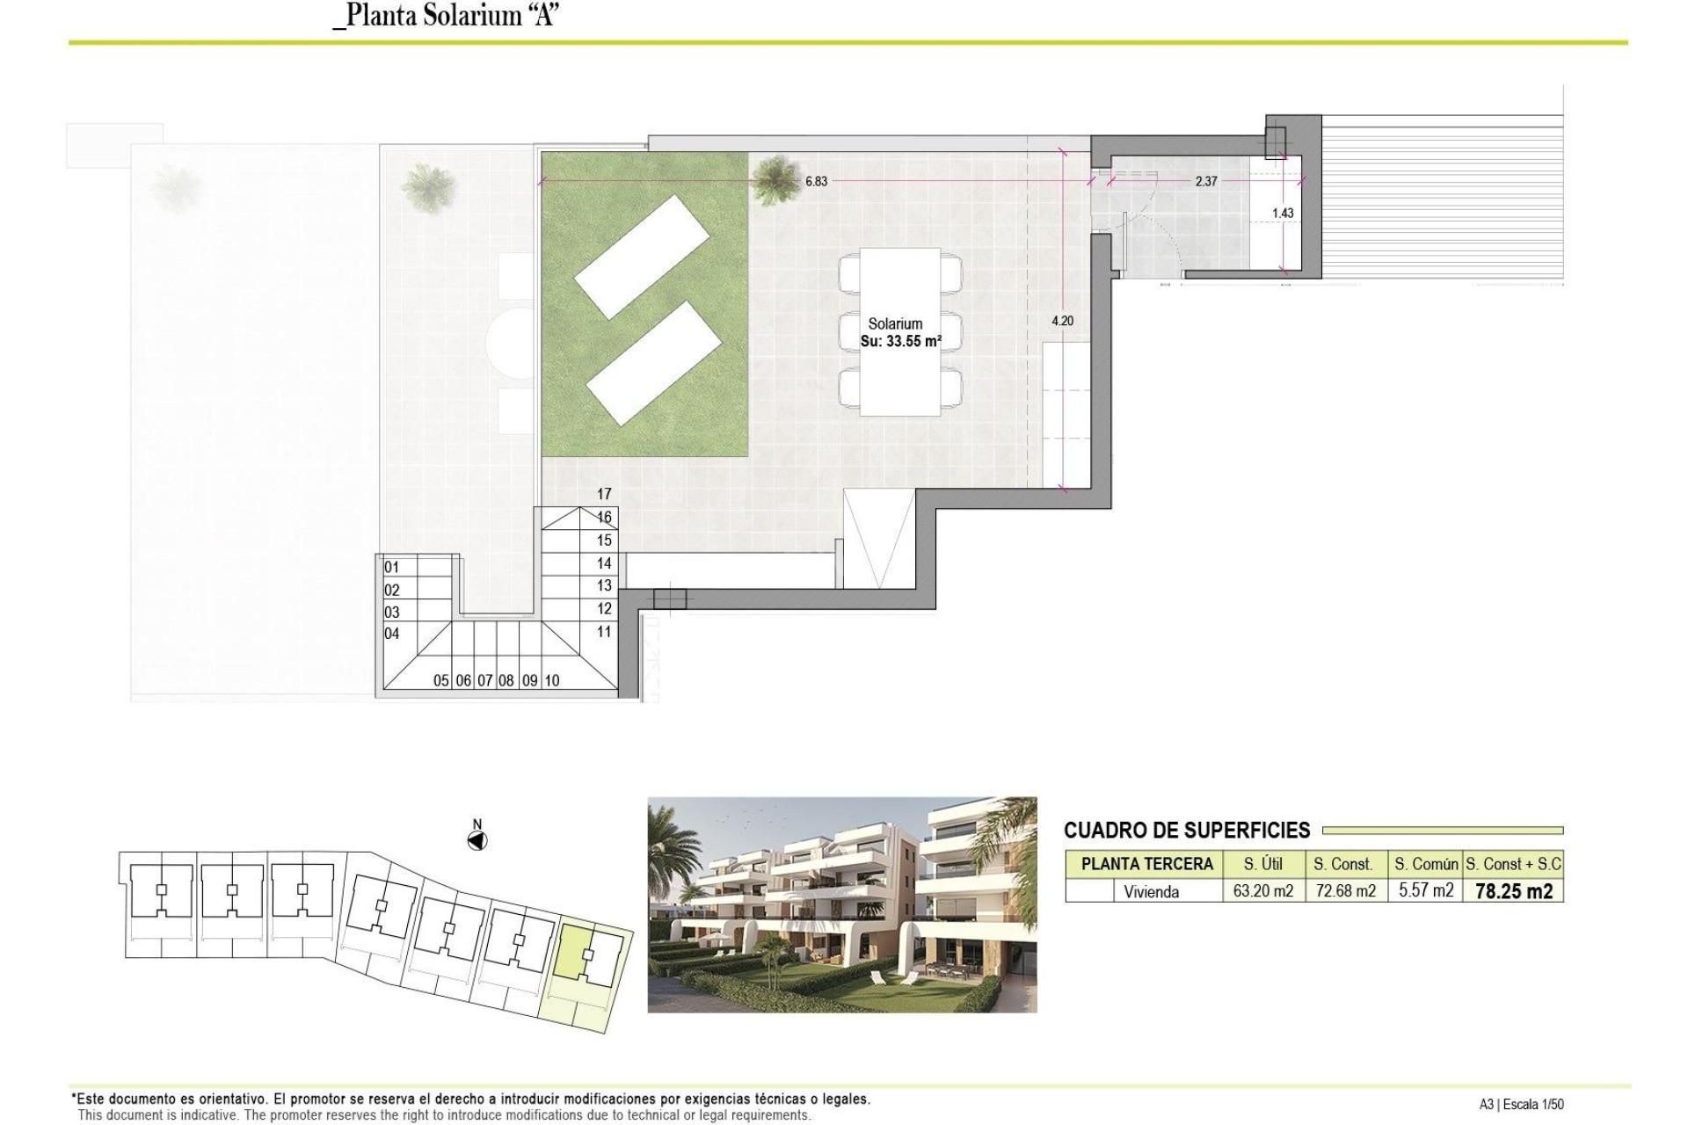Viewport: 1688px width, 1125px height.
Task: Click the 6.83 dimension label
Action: tap(816, 182)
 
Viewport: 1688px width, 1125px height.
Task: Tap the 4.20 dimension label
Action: tap(1062, 322)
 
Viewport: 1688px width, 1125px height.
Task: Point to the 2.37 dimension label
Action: tap(1206, 182)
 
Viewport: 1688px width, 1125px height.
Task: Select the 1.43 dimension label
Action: tap(1283, 214)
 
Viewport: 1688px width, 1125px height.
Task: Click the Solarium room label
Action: tap(895, 324)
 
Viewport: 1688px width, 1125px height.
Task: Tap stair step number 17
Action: tap(604, 495)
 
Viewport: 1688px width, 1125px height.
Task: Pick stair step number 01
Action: tap(392, 568)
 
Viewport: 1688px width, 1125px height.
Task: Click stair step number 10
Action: tap(552, 680)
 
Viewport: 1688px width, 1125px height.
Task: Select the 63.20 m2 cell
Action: tap(1262, 891)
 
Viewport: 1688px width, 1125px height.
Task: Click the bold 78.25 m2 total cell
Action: tap(1513, 891)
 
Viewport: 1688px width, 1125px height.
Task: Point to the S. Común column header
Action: tap(1425, 864)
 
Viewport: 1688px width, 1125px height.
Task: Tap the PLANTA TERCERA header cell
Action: tap(1146, 864)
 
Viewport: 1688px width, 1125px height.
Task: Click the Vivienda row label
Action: tap(1151, 891)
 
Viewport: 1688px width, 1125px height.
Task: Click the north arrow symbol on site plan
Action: tap(477, 841)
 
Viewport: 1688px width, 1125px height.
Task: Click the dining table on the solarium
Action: tap(900, 332)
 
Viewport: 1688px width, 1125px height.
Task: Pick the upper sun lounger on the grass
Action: tap(642, 257)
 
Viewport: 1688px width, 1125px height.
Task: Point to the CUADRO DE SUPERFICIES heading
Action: tap(1187, 831)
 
